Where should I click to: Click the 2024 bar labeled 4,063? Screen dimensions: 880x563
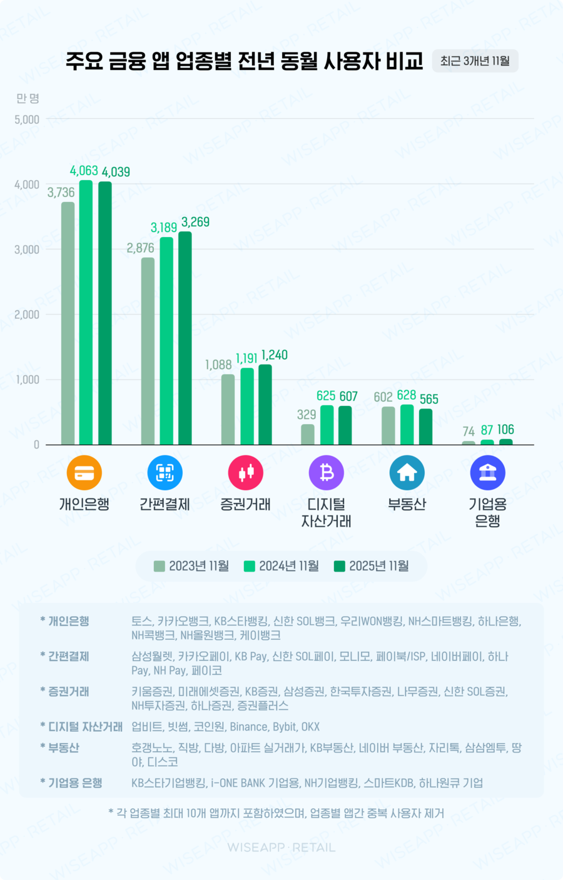[86, 313]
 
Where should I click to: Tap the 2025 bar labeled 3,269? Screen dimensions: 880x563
[185, 338]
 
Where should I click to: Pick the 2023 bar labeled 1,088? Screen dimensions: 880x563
[228, 410]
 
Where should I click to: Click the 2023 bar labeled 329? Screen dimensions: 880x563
[308, 435]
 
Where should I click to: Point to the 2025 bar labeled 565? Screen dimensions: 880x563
[425, 427]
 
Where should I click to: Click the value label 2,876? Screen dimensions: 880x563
[140, 248]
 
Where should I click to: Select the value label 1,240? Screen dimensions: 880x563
[275, 355]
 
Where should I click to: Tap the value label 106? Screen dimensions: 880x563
[505, 430]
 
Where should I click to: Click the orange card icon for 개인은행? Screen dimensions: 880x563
[84, 473]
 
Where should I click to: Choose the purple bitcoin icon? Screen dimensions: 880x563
[327, 473]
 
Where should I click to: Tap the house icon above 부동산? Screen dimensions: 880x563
[407, 473]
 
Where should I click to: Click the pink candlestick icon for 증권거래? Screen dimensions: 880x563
[246, 473]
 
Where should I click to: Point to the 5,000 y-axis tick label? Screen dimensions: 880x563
[27, 119]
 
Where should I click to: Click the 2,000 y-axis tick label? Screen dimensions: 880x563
[27, 315]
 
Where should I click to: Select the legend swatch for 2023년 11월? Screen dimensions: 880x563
[160, 566]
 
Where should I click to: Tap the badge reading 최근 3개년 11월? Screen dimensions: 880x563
[475, 61]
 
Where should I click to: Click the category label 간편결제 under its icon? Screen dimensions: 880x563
[165, 505]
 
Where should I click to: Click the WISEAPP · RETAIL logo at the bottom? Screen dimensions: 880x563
[281, 847]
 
